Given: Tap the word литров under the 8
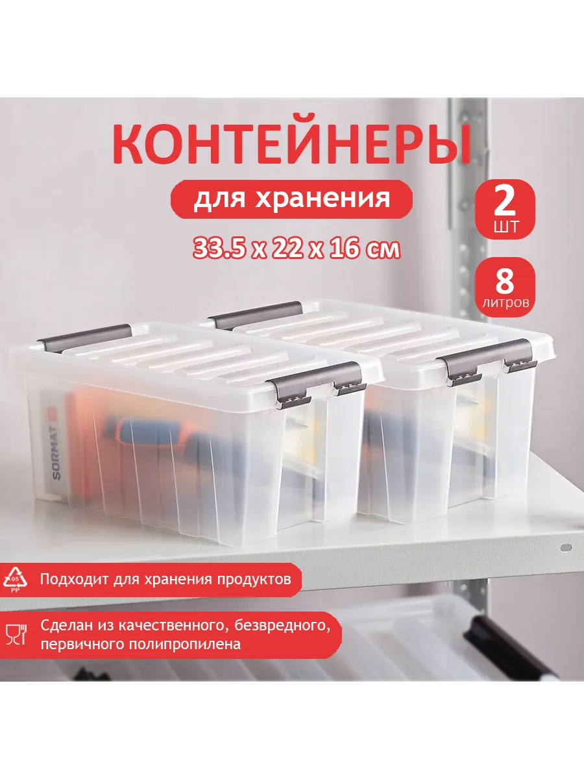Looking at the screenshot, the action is click(x=505, y=303).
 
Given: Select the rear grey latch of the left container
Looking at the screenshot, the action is click(x=85, y=338).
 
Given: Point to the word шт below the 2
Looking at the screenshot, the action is click(x=505, y=226).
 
